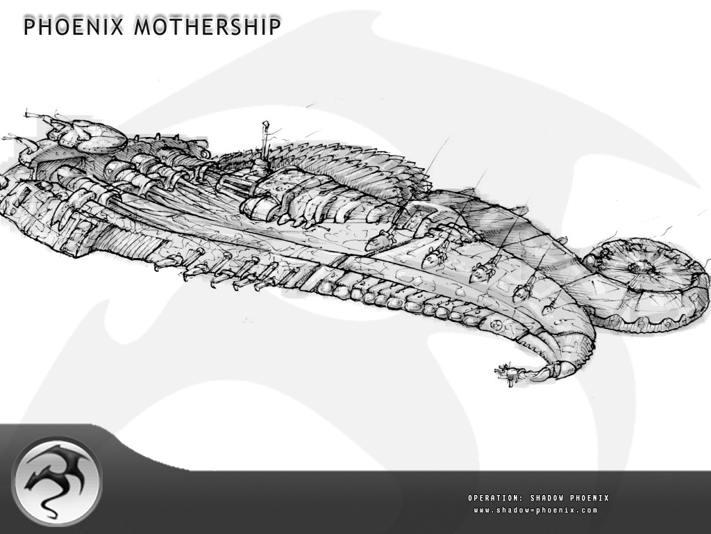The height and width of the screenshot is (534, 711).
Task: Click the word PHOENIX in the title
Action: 74,26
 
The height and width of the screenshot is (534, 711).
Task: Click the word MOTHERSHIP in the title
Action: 207,26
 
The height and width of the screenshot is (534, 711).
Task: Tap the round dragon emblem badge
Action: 57,482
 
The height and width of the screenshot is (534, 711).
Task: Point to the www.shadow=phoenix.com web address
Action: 535,510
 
